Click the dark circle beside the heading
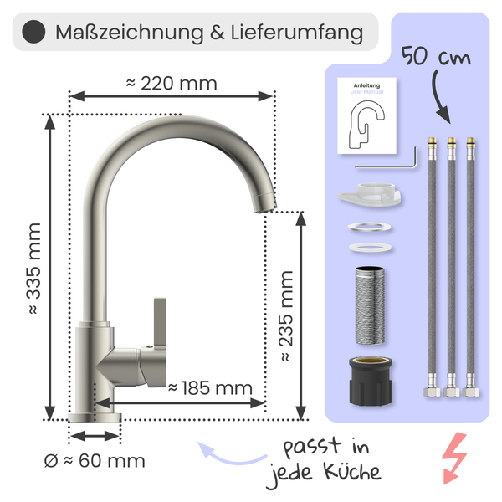(x=33, y=33)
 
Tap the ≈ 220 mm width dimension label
(x=171, y=83)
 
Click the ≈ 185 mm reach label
(x=209, y=387)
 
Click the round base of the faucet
(x=95, y=417)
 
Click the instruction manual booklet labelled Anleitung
(x=366, y=116)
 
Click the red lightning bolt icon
(x=454, y=458)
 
